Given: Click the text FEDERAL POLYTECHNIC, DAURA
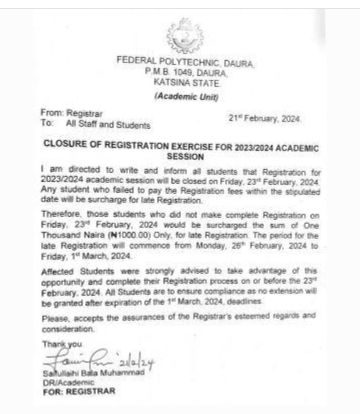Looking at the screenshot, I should coord(185,62).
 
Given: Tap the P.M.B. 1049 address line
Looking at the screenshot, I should coord(186,72).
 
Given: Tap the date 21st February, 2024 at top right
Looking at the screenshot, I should coord(264,118).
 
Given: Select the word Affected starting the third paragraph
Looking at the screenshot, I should coord(57,271).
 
